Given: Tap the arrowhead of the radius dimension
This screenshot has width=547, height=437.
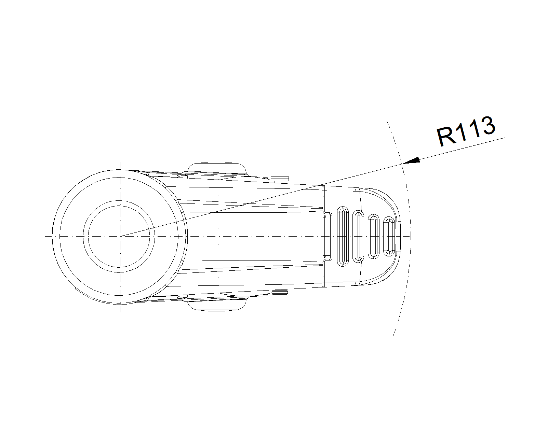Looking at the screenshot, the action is point(411,160).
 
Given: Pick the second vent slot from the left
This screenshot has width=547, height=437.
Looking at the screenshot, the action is point(358,236).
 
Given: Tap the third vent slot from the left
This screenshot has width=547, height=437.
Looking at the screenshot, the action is point(374,237).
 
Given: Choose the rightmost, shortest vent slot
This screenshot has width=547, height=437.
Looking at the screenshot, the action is point(389,237).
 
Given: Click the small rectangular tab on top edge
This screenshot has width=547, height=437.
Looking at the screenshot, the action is point(280,179).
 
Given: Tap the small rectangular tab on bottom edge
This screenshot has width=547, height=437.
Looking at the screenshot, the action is point(280,292).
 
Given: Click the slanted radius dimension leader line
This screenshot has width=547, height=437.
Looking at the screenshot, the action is point(312,187).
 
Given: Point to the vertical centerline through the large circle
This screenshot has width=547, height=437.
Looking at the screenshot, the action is point(120,237).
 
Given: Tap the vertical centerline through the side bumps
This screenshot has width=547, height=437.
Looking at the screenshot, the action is point(218,236).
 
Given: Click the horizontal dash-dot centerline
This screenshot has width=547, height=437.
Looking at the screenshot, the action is point(227,236).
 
